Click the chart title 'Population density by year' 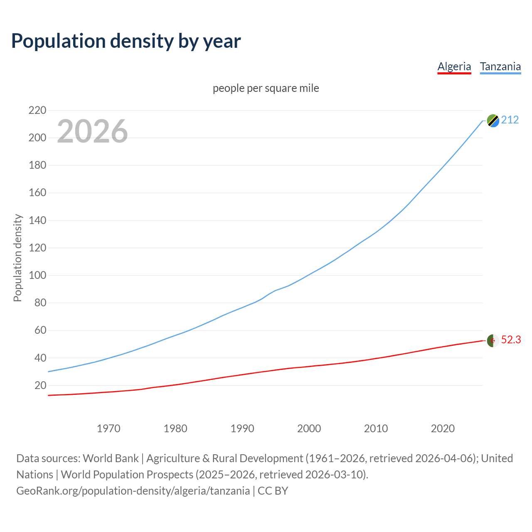click(126, 41)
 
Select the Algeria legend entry click(454, 66)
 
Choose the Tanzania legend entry click(500, 66)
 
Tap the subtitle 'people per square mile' click(266, 88)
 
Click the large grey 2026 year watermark click(92, 131)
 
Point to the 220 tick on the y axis click(37, 110)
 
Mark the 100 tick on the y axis click(37, 275)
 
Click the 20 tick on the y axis click(40, 385)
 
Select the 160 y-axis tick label click(37, 193)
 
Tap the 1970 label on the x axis click(108, 429)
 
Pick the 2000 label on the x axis click(309, 429)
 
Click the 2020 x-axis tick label click(443, 429)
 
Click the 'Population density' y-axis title click(17, 258)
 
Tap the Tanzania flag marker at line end click(493, 121)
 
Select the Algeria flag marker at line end click(493, 340)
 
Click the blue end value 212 click(510, 120)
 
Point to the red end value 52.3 click(511, 340)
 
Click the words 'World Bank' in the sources click(111, 458)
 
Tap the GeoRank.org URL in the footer click(133, 490)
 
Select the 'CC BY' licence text click(273, 490)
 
